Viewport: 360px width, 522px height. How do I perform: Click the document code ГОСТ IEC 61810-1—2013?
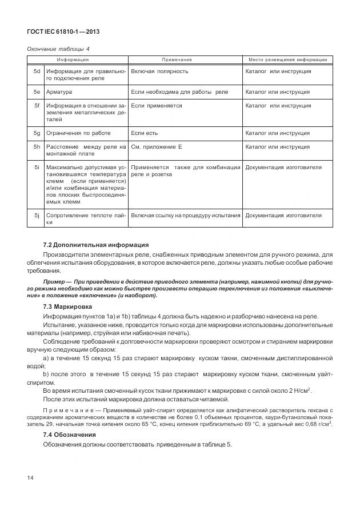tap(59, 32)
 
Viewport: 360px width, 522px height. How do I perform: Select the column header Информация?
tap(72, 60)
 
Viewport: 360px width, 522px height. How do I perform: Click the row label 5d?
tap(36, 72)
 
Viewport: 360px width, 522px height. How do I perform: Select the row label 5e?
tap(36, 91)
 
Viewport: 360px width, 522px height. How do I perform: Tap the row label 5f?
tap(36, 106)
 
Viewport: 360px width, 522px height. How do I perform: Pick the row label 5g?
tap(36, 133)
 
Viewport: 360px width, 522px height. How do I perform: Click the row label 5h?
tap(36, 147)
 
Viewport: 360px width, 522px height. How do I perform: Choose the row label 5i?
tap(36, 168)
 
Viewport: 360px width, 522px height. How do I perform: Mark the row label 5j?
tap(36, 216)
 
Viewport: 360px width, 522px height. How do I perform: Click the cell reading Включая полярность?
tap(159, 72)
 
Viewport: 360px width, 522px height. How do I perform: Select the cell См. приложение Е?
tap(157, 147)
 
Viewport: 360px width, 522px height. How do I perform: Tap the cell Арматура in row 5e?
tap(59, 91)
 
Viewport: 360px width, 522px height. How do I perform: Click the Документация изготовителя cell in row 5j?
tap(283, 216)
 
